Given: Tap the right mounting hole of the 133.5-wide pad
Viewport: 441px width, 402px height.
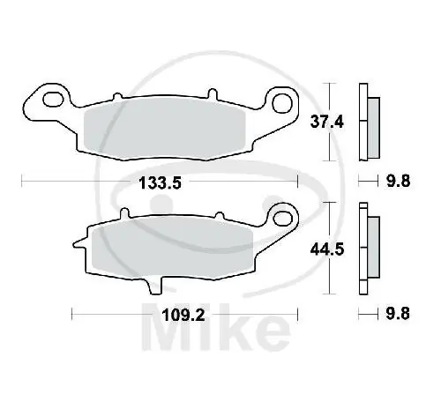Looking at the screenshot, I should pyautogui.click(x=282, y=102).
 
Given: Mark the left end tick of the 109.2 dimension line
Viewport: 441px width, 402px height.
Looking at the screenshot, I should pyautogui.click(x=71, y=312).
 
